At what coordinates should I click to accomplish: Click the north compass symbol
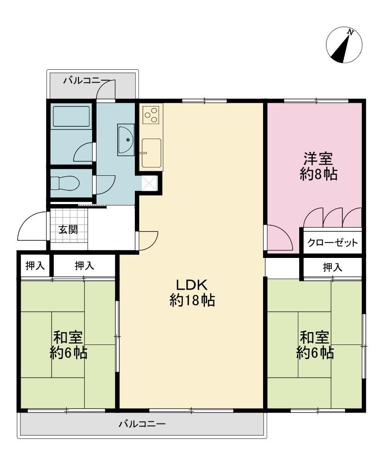click(344, 45)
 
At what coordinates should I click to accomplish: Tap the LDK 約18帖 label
click(192, 292)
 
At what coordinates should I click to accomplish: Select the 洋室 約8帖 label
click(319, 166)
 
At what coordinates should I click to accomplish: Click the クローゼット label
click(332, 242)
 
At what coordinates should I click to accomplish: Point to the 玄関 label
click(68, 229)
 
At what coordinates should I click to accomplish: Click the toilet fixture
click(65, 184)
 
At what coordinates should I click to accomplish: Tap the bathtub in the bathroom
click(71, 116)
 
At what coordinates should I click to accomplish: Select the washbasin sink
click(126, 139)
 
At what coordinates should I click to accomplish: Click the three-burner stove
click(151, 115)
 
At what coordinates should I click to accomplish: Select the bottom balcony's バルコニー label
click(142, 424)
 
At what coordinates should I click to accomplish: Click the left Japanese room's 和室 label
click(68, 338)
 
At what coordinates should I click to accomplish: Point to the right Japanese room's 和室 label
click(315, 338)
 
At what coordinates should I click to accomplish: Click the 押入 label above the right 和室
click(332, 267)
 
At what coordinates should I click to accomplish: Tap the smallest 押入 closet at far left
click(35, 266)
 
